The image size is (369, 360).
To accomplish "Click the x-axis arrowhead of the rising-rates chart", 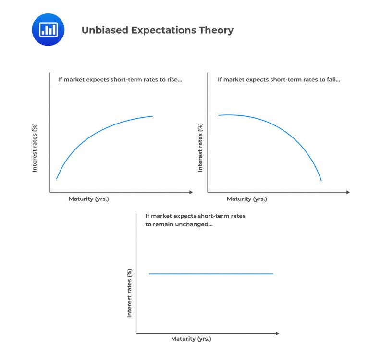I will coord(191,192).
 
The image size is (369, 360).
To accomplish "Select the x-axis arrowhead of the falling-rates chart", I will coord(348,192).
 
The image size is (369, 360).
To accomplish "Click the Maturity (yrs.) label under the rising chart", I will coord(89,199).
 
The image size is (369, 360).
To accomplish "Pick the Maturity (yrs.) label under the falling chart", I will coord(246,199).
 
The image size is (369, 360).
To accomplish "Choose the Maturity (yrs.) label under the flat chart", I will coord(191,339).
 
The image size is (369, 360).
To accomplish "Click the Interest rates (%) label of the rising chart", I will coord(35,148).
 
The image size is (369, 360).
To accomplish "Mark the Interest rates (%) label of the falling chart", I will coord(200,148).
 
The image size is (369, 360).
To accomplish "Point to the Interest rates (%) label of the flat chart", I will coord(129,293).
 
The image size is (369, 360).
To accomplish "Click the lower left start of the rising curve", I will coord(57,179).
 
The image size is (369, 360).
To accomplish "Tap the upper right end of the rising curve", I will coord(152,116).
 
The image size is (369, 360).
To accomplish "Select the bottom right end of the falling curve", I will coord(321,181).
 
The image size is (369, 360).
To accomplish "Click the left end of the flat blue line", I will coord(149,274).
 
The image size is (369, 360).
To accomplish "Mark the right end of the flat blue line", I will coord(272,274).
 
